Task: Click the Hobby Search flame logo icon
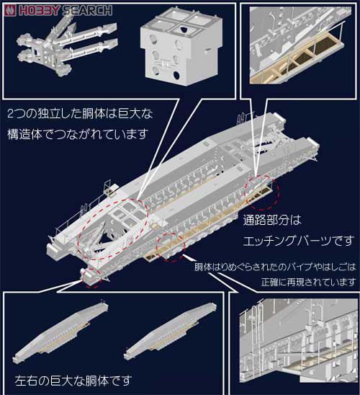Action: coord(10,10)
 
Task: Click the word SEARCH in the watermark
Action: coord(87,11)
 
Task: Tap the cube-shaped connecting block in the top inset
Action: coord(181,47)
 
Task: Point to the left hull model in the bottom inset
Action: coord(60,331)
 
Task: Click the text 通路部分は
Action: coord(272,220)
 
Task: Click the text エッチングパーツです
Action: coord(298,241)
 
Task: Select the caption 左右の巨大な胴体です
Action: coord(73,381)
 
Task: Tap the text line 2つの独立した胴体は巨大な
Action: coord(80,114)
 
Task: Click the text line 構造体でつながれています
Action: coord(77,134)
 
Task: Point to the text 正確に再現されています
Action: coord(308,282)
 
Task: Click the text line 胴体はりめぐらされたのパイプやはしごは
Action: coord(275,267)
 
